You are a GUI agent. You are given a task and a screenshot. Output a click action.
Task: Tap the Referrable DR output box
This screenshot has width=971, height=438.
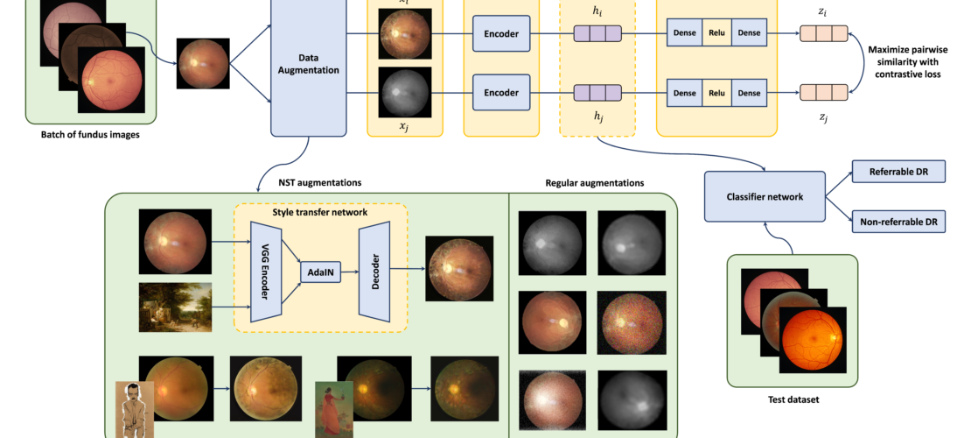(898, 170)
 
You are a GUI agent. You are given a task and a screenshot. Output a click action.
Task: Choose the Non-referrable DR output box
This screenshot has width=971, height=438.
(898, 223)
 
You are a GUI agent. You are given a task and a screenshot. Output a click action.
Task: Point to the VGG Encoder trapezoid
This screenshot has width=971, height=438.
(264, 272)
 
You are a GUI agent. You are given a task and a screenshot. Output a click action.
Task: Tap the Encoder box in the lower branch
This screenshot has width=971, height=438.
(501, 92)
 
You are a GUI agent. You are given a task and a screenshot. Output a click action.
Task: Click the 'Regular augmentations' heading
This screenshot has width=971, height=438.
(594, 184)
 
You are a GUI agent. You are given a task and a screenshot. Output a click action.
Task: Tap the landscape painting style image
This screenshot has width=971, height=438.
(175, 307)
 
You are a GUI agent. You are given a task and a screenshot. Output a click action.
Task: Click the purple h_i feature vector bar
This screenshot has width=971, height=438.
(597, 34)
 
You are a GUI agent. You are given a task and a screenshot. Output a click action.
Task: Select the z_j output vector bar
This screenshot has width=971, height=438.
(824, 92)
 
